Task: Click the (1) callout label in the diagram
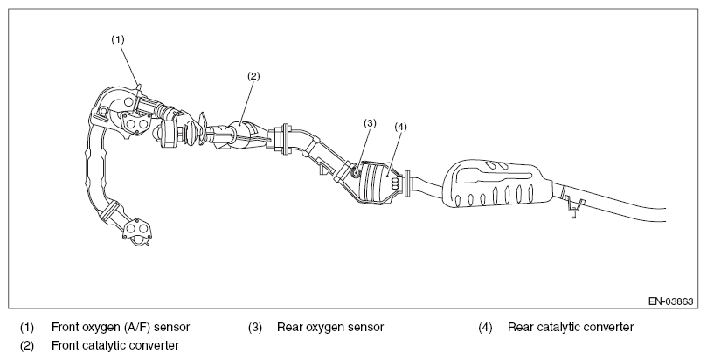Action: coord(118,39)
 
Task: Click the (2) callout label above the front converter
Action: coord(253,76)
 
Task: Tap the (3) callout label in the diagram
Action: coord(370,123)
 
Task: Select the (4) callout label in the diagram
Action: coord(400,127)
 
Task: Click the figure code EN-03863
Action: coord(670,301)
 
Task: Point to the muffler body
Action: coord(494,183)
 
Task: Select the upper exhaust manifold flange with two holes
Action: coord(135,123)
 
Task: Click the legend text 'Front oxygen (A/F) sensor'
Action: coord(121,327)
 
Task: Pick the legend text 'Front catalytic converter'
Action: coord(115,345)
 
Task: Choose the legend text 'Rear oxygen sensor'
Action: coord(330,327)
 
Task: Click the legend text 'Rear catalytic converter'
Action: coord(571,327)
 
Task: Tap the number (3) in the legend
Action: coord(255,327)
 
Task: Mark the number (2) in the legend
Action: coord(26,345)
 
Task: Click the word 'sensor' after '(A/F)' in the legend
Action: coord(172,328)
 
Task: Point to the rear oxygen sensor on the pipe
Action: coord(356,171)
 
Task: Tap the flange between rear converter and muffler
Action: coord(407,183)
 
